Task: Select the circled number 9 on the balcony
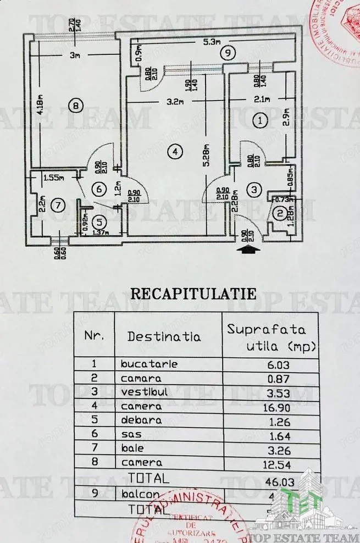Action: tap(226, 53)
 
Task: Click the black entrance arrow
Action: tap(248, 250)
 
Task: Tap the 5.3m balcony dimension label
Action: tap(211, 41)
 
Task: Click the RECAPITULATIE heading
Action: tap(193, 293)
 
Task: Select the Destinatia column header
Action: tap(164, 336)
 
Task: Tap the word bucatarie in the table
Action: tap(149, 364)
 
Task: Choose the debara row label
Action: tap(142, 420)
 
